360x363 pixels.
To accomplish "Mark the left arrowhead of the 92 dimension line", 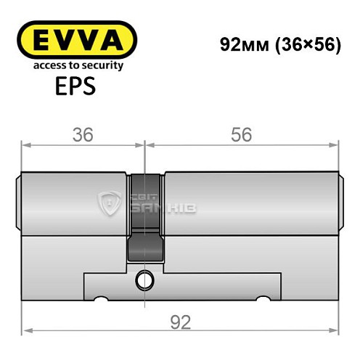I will tap(26, 331).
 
